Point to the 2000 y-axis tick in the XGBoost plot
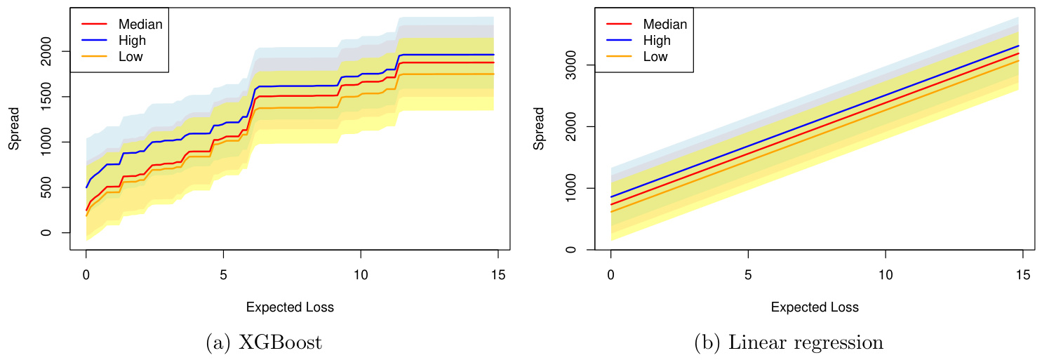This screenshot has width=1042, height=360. pyautogui.click(x=47, y=51)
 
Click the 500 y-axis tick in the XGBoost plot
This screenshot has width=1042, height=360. pyautogui.click(x=47, y=187)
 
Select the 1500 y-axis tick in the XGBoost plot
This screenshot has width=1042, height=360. pyautogui.click(x=47, y=97)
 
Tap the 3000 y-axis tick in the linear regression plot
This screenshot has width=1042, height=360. pyautogui.click(x=572, y=65)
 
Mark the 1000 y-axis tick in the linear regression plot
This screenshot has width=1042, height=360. pyautogui.click(x=572, y=188)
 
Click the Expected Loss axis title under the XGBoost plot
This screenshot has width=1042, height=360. pyautogui.click(x=290, y=307)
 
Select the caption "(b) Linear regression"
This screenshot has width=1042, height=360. pyautogui.click(x=789, y=343)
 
